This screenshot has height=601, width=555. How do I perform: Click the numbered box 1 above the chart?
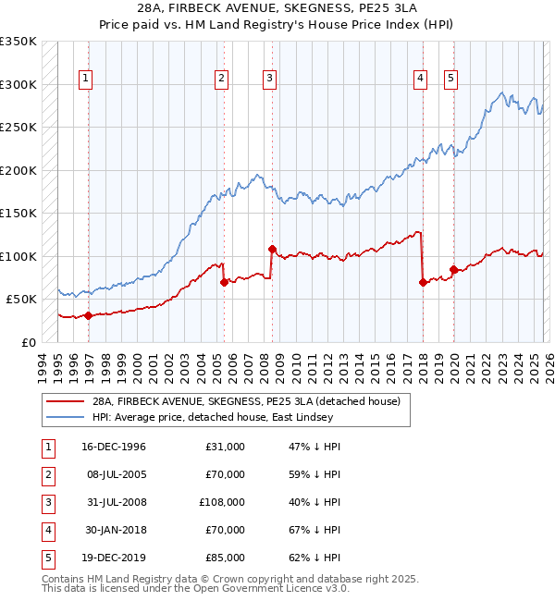pyautogui.click(x=84, y=80)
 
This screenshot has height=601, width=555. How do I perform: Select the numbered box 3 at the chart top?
pyautogui.click(x=268, y=80)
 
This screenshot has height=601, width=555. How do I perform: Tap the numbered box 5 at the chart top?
pyautogui.click(x=450, y=80)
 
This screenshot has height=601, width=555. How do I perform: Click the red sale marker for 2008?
pyautogui.click(x=272, y=249)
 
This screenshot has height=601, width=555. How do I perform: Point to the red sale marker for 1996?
pyautogui.click(x=89, y=315)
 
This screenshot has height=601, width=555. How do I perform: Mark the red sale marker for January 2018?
pyautogui.click(x=423, y=282)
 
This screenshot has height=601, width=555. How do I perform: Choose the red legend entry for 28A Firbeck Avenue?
pyautogui.click(x=245, y=401)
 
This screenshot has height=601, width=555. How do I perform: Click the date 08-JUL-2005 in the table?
pyautogui.click(x=113, y=474)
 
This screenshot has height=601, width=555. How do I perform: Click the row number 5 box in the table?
pyautogui.click(x=47, y=558)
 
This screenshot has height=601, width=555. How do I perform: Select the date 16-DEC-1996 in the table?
pyautogui.click(x=114, y=447)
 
